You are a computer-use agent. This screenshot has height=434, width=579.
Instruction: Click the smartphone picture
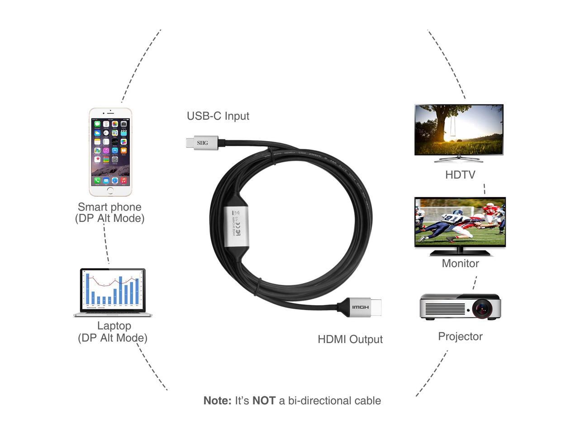(x=110, y=152)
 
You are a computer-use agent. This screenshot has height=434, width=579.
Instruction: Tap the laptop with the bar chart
(x=113, y=292)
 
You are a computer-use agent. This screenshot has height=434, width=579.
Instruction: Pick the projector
(x=460, y=307)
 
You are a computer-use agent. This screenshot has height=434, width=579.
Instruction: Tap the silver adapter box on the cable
(x=236, y=226)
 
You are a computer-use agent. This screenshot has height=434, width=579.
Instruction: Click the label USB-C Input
(x=218, y=116)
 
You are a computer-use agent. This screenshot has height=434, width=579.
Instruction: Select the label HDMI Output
(x=350, y=340)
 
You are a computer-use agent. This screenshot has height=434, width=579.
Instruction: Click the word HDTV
(x=460, y=175)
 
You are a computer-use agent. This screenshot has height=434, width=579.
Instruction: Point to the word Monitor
(x=460, y=264)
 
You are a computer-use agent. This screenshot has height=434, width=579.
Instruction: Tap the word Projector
(x=460, y=336)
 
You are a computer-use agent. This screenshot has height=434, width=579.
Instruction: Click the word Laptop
(x=114, y=326)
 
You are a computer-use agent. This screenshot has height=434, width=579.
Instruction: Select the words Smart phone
(x=109, y=207)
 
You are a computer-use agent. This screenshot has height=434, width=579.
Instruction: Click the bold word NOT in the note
(x=264, y=401)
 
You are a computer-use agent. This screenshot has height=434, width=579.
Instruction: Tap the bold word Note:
(x=217, y=401)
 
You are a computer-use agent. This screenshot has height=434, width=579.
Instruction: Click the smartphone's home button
(x=110, y=190)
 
